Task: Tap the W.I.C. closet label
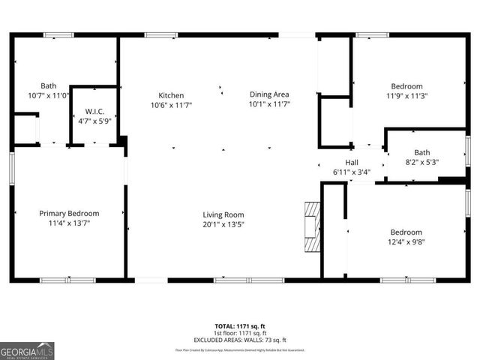[94, 112]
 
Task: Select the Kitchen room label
[171, 95]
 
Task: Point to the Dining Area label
[269, 94]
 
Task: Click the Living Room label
[223, 214]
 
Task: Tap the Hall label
[352, 163]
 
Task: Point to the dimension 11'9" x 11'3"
[406, 96]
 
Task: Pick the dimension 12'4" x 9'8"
[406, 242]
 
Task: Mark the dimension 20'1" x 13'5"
[223, 223]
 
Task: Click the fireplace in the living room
[311, 229]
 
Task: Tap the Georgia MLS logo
[27, 350]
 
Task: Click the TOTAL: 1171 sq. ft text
[240, 327]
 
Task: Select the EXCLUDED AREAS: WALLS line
[240, 339]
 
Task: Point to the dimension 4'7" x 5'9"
[94, 121]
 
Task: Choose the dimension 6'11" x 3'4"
[352, 172]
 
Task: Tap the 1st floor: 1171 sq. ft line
[240, 333]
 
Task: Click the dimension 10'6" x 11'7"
[171, 105]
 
